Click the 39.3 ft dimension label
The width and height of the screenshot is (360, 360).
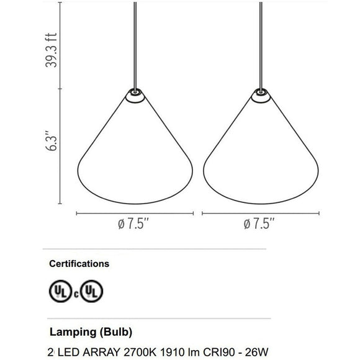(51, 50)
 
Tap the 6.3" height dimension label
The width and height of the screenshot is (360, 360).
(50, 141)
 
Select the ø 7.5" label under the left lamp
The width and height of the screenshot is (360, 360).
(133, 224)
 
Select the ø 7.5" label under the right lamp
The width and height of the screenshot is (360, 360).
(259, 224)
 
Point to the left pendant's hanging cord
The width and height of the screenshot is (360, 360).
(135, 45)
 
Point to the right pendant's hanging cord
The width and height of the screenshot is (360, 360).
(261, 45)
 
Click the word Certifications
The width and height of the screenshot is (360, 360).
(79, 264)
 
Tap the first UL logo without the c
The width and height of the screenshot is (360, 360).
(60, 291)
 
